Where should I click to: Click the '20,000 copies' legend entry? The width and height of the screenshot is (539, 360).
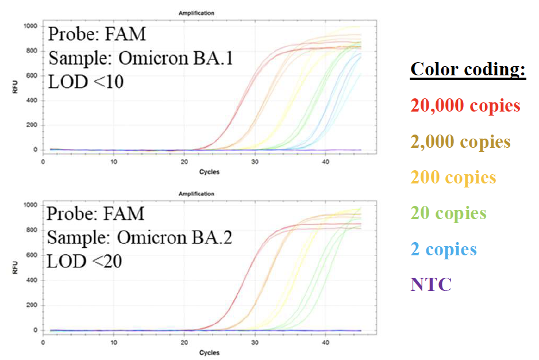(465, 106)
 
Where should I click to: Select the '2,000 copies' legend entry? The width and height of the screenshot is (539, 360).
(460, 141)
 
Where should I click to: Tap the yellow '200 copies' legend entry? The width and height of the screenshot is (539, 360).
(453, 177)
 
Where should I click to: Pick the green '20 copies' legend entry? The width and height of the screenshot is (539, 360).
(448, 213)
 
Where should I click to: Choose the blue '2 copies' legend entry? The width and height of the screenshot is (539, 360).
(444, 249)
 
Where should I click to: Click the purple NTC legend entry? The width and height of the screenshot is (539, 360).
(431, 284)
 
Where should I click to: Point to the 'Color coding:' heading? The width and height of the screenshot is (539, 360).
(468, 70)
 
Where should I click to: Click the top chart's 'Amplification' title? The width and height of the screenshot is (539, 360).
(210, 13)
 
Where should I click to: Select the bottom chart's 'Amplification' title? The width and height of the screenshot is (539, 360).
(210, 194)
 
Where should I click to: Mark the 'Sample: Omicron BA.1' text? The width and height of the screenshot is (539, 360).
(140, 58)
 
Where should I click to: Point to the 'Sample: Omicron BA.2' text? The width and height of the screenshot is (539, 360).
(139, 238)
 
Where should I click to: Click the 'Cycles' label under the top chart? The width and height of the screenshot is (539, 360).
(209, 172)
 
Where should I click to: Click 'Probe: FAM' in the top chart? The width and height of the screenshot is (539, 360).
(97, 34)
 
